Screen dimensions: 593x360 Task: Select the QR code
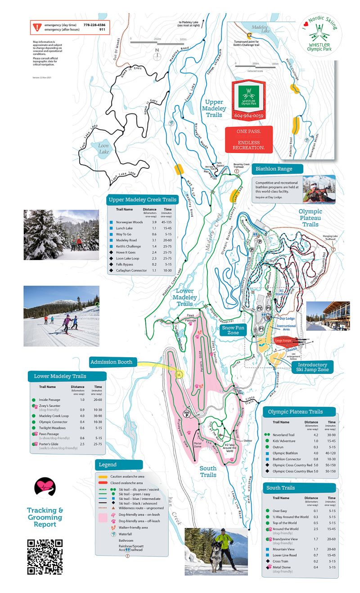pos(45,557)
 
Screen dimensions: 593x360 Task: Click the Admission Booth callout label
pos(111,362)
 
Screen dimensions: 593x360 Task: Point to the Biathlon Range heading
pos(274,169)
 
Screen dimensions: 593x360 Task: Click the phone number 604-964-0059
pos(249,116)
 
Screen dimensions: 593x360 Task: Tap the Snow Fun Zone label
pos(234,330)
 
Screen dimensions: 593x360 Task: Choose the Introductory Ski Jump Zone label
pos(309,367)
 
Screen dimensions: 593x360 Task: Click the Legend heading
pos(107,464)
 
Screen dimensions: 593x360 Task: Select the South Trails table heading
pos(280,488)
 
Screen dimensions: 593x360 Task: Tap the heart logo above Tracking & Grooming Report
pos(45,488)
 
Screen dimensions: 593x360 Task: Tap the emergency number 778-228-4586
pos(94,24)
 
